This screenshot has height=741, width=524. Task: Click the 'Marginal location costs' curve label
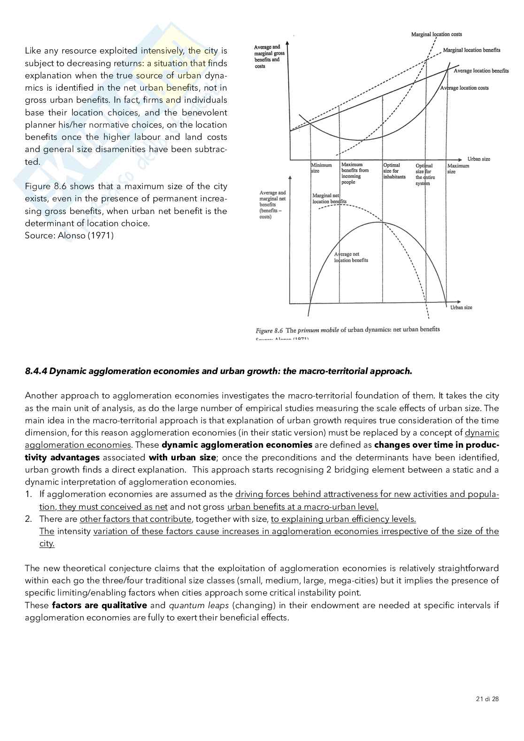click(x=436, y=34)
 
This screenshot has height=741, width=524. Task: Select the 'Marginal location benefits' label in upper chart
click(x=471, y=50)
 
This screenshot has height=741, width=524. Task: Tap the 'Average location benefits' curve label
click(x=481, y=71)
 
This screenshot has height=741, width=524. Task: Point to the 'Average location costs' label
click(x=464, y=88)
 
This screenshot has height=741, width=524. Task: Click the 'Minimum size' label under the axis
click(x=321, y=168)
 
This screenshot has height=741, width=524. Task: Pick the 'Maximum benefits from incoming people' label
click(x=355, y=173)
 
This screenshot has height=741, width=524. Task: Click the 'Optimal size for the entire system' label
click(x=424, y=174)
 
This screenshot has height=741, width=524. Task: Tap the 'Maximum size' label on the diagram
click(x=458, y=168)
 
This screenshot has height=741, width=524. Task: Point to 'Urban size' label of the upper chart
click(x=478, y=159)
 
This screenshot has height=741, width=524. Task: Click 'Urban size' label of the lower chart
click(x=461, y=307)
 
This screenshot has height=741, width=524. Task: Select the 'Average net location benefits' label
click(x=351, y=257)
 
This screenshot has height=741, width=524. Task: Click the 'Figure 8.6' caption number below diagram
click(x=269, y=330)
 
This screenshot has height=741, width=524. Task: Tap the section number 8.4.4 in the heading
click(x=36, y=371)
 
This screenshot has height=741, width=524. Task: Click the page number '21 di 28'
click(x=487, y=699)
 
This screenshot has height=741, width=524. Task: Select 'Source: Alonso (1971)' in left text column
click(x=69, y=236)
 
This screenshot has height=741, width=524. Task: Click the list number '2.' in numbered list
click(x=29, y=519)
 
